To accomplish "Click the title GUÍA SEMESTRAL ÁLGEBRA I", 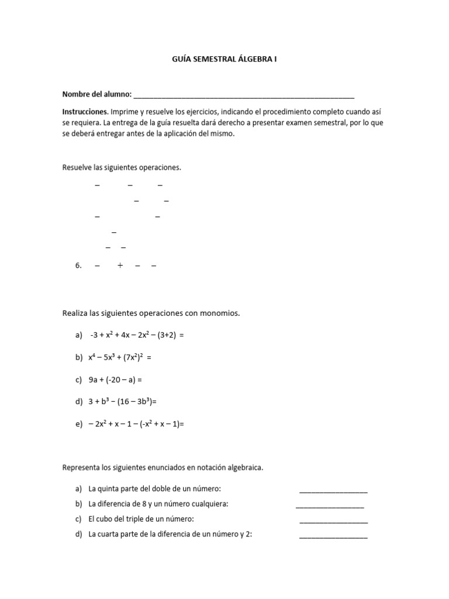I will click(x=224, y=59).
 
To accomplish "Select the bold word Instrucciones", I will click(x=85, y=111).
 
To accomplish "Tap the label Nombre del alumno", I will click(x=97, y=94).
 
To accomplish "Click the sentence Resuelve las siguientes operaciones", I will click(x=122, y=168).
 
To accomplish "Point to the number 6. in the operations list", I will click(x=79, y=266).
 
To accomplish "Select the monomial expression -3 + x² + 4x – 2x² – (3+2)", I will click(x=137, y=335).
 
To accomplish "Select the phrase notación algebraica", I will click(x=227, y=468).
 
